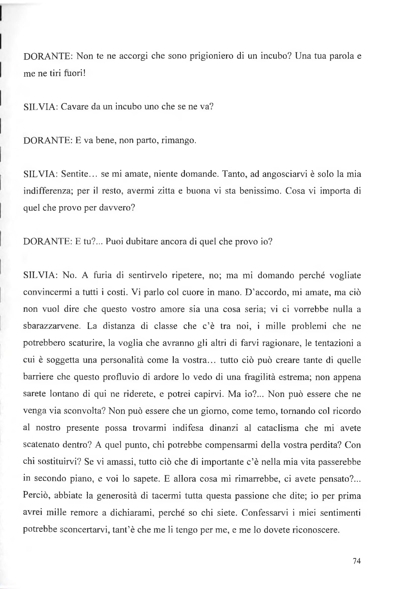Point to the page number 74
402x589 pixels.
pyautogui.click(x=357, y=561)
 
